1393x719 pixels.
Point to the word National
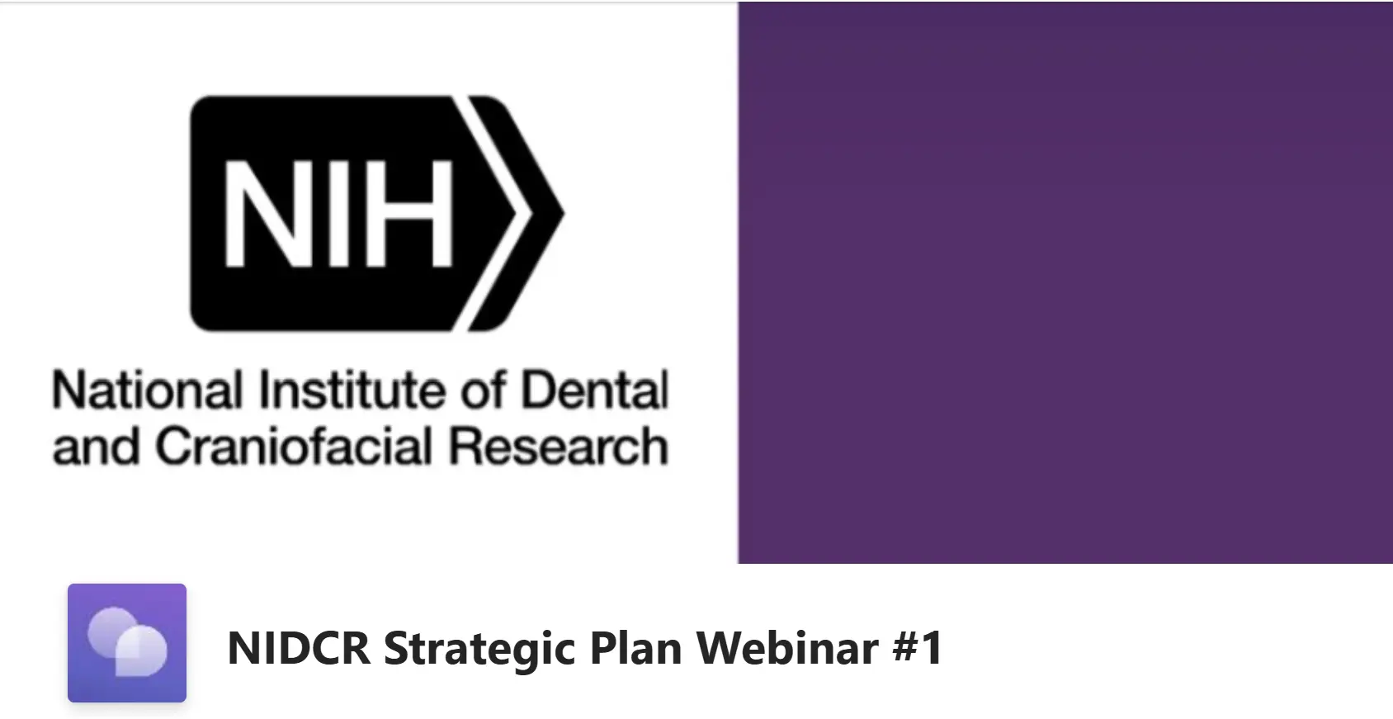pyautogui.click(x=148, y=390)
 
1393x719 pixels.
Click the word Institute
pyautogui.click(x=352, y=390)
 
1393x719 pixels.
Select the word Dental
pyautogui.click(x=594, y=390)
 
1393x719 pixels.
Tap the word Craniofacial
pyautogui.click(x=294, y=446)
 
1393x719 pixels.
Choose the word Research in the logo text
pyautogui.click(x=559, y=446)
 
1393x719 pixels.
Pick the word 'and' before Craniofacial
pyautogui.click(x=97, y=446)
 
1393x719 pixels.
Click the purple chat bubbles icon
pyautogui.click(x=127, y=642)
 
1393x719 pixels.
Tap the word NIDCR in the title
pyautogui.click(x=299, y=647)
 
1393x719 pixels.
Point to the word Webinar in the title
pyautogui.click(x=786, y=647)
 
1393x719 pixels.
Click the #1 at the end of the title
pyautogui.click(x=918, y=647)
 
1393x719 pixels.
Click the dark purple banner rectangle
pyautogui.click(x=1065, y=282)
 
